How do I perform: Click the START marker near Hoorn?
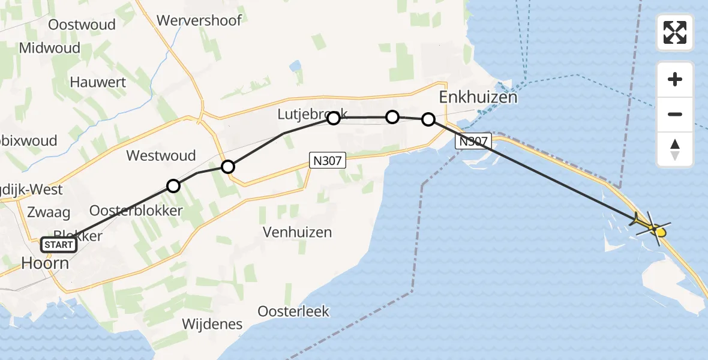[59, 245]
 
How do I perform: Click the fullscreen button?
[675, 32]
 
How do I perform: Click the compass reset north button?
[675, 149]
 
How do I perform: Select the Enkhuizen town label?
[478, 97]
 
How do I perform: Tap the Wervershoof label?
[199, 20]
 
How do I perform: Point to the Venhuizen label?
[297, 232]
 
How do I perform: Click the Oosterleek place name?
[293, 311]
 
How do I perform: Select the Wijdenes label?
[212, 325]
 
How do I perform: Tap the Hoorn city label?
[45, 263]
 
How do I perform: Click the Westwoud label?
[161, 156]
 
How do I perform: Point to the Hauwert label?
[98, 82]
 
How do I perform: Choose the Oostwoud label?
[73, 25]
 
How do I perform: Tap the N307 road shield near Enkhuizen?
[473, 142]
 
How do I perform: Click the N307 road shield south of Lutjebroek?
[328, 160]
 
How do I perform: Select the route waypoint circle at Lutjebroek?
[334, 118]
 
